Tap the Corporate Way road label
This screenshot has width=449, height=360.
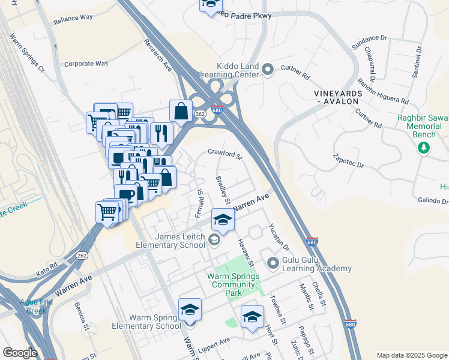[x=85, y=63]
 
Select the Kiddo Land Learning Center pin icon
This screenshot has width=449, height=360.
[x=268, y=71]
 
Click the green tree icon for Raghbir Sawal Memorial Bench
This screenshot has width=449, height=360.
[x=424, y=148]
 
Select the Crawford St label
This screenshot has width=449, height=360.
[x=225, y=155]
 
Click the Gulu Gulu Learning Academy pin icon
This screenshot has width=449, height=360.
[x=274, y=262]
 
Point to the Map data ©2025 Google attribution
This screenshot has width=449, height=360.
[x=412, y=355]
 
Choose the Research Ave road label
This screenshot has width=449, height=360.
[x=158, y=53]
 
